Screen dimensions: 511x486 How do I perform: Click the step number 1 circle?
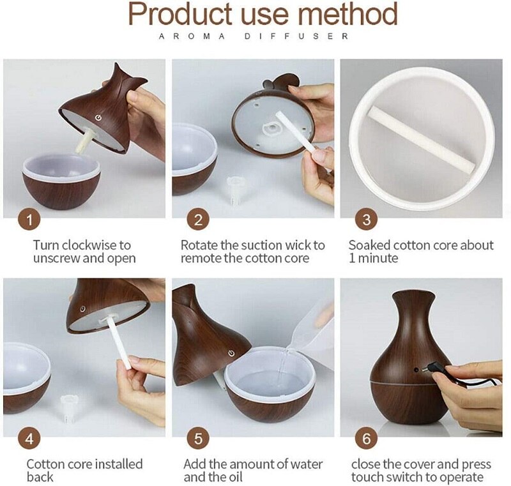click(x=29, y=220)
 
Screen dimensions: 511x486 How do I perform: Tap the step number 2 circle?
click(x=198, y=220)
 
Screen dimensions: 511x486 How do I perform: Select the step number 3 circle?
click(x=367, y=220)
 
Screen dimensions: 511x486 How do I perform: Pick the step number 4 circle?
click(x=29, y=439)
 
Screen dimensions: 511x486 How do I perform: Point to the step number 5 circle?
click(x=198, y=439)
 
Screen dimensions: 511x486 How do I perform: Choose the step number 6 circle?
click(x=367, y=439)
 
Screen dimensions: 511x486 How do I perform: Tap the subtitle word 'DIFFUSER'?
click(x=296, y=36)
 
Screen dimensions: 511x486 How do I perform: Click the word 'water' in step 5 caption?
click(x=307, y=464)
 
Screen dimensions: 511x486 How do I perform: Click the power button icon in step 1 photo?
click(x=98, y=118)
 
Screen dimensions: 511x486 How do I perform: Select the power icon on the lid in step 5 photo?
click(x=231, y=353)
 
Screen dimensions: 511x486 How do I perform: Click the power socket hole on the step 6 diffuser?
click(x=416, y=370)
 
